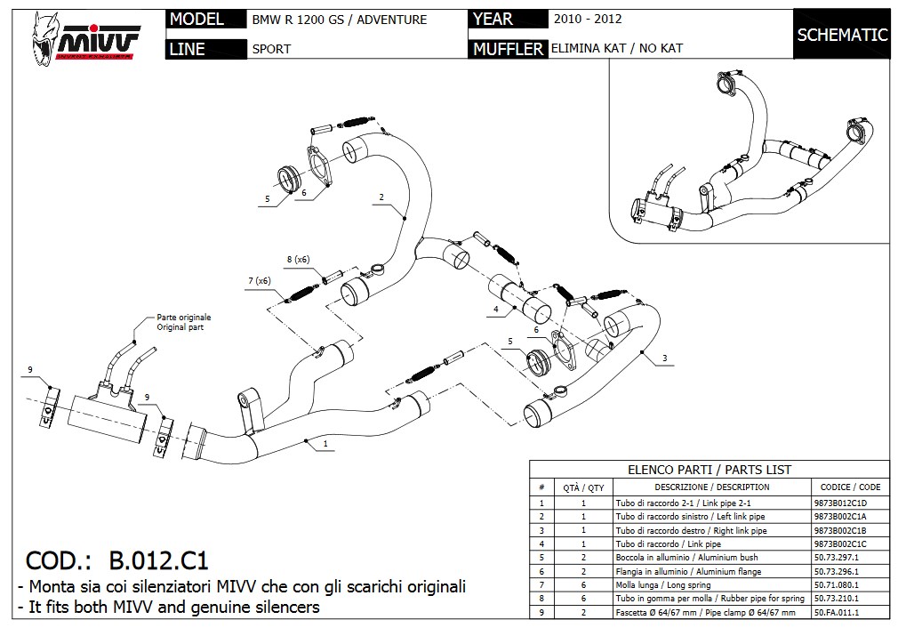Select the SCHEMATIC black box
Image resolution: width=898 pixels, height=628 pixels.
[842, 36]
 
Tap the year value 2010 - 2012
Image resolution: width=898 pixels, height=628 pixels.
[587, 19]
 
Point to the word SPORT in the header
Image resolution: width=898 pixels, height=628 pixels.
[271, 49]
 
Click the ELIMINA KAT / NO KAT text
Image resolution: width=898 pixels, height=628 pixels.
[617, 48]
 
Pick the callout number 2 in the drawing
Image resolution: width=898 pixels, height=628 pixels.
[381, 197]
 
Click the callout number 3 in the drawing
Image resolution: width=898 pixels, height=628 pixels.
[664, 358]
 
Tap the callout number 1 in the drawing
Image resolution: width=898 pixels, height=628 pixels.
[325, 443]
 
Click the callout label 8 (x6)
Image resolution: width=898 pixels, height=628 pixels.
[297, 259]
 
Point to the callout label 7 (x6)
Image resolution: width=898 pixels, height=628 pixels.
[260, 281]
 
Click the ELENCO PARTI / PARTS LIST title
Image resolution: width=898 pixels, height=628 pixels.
[709, 470]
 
